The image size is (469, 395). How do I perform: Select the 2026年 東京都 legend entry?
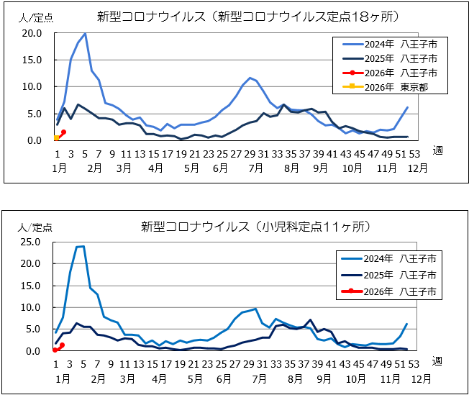click(x=388, y=88)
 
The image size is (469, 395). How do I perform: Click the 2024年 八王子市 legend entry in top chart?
click(x=388, y=43)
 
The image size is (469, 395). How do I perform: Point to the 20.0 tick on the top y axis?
click(x=32, y=33)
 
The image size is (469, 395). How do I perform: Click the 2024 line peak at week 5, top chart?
click(x=85, y=34)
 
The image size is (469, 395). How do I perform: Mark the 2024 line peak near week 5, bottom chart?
click(x=83, y=246)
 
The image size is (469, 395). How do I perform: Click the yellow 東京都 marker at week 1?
click(x=56, y=137)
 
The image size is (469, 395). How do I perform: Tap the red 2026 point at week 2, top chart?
click(x=63, y=132)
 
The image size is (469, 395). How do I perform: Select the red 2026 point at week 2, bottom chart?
click(x=63, y=345)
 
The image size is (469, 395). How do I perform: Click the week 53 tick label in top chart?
click(x=416, y=153)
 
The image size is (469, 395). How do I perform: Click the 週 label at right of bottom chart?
click(x=437, y=360)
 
